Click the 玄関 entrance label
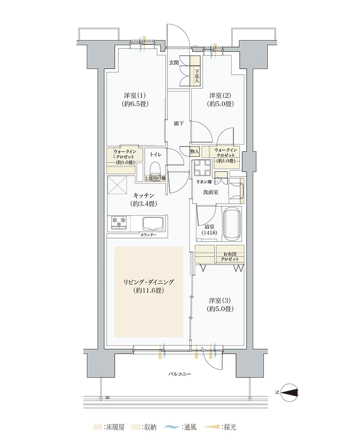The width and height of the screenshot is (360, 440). point(174,62)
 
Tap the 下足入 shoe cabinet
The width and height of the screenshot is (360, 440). point(196,71)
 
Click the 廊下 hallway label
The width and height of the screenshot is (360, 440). point(178,124)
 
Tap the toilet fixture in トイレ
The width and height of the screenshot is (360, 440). point(155,169)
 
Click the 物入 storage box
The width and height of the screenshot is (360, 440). point(195,151)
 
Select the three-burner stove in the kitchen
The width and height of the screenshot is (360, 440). point(119,222)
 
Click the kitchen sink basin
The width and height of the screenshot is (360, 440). point(153,223)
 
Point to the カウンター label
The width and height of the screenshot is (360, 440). point(148,235)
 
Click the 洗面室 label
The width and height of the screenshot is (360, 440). point(211,192)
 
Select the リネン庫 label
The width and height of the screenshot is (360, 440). point(204,182)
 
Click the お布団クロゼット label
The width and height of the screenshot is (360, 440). point(230,257)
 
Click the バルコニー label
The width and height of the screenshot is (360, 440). point(179,374)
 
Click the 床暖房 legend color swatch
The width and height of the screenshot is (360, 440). point(98,427)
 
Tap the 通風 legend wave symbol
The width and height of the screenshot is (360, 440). point(171,427)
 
